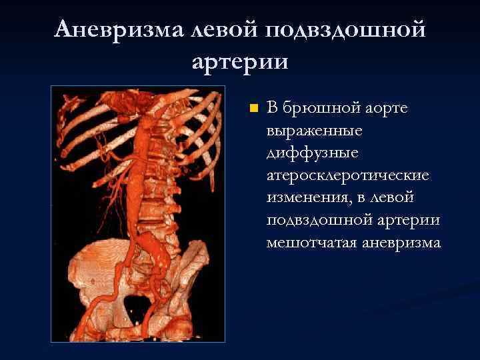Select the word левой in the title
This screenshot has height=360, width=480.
pyautogui.click(x=225, y=29)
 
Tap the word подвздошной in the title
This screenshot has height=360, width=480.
pyautogui.click(x=345, y=31)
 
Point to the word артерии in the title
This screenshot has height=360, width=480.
pyautogui.click(x=240, y=63)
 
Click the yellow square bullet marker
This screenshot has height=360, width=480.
pyautogui.click(x=252, y=107)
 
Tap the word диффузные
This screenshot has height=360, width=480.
pyautogui.click(x=303, y=153)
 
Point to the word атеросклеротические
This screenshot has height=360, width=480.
pyautogui.click(x=347, y=175)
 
